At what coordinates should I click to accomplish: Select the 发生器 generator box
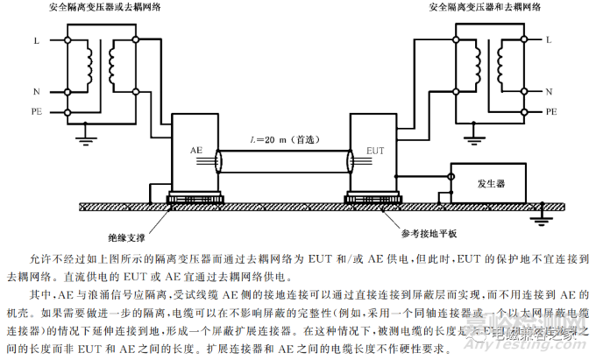click(x=488, y=184)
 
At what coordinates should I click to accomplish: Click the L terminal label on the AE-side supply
click(x=36, y=40)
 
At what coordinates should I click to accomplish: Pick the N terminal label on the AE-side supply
click(x=36, y=91)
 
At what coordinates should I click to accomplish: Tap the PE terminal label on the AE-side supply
click(x=36, y=111)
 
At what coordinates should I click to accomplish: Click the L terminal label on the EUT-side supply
click(x=549, y=40)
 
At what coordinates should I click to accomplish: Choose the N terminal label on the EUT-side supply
click(x=550, y=91)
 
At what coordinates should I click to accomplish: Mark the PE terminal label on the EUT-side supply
click(x=551, y=111)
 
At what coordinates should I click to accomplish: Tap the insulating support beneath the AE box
click(x=194, y=199)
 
